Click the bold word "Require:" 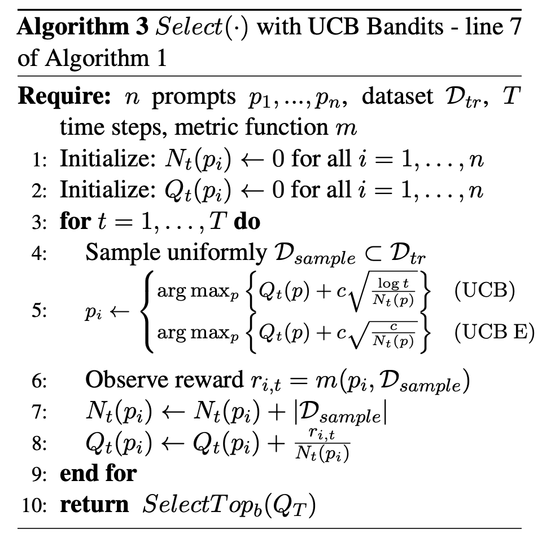tap(63, 97)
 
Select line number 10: tap(36, 504)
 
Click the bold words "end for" tap(98, 472)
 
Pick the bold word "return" tap(94, 504)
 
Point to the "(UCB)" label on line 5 tap(484, 293)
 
